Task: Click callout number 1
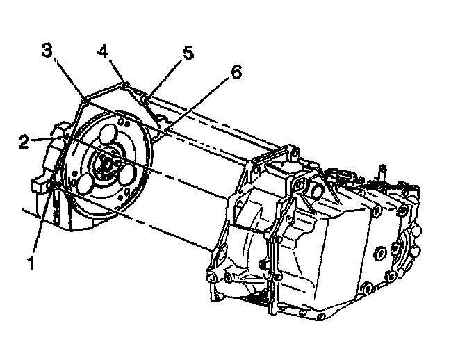(29, 264)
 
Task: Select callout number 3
(46, 51)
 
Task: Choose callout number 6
(237, 73)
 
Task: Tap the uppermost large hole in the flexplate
(110, 134)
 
